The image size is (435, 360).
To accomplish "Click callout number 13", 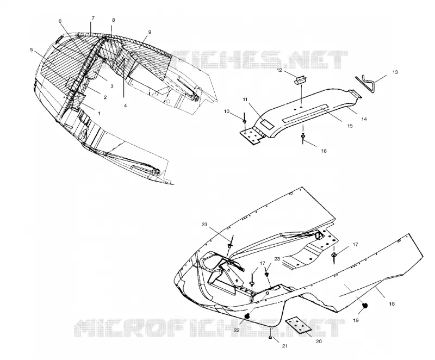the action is [x=395, y=72].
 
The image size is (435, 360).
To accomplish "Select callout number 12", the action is [x=279, y=70].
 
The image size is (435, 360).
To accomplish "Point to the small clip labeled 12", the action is [x=300, y=80].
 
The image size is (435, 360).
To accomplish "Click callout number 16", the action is [x=324, y=151].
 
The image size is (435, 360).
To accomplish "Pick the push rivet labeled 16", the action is [x=303, y=136].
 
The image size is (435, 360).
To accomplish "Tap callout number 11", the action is [x=245, y=99].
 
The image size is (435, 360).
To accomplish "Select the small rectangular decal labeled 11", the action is [x=266, y=123].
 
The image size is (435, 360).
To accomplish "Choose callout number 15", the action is [x=350, y=126].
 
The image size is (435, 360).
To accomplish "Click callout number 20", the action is [x=319, y=341].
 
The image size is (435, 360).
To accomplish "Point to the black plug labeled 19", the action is [x=365, y=306].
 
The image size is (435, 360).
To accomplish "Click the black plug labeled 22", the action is [x=247, y=316].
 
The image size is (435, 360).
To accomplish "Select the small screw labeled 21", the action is [x=270, y=337].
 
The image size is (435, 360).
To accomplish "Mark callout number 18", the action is [x=391, y=304].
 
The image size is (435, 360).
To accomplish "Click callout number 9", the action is [x=150, y=32].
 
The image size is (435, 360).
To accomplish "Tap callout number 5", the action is [x=32, y=49].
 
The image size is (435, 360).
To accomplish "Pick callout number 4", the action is [x=126, y=105].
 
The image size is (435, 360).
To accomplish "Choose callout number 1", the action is [x=100, y=114].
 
